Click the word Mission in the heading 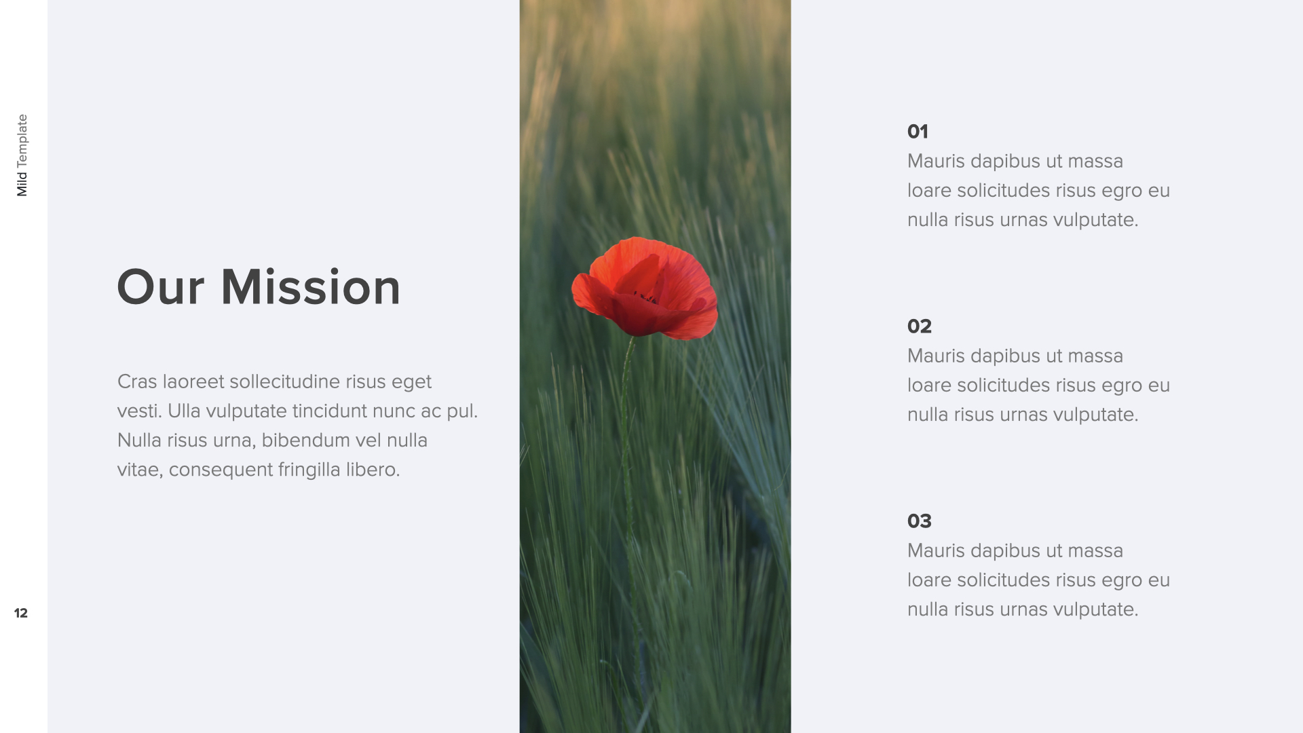pyautogui.click(x=311, y=286)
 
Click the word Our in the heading pyautogui.click(x=160, y=287)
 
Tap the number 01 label pyautogui.click(x=918, y=131)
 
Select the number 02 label pyautogui.click(x=920, y=326)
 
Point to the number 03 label pyautogui.click(x=920, y=521)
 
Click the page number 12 pyautogui.click(x=21, y=613)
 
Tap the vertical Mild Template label pyautogui.click(x=22, y=155)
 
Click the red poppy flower pyautogui.click(x=645, y=288)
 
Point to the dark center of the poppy pyautogui.click(x=646, y=297)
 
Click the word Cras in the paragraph pyautogui.click(x=137, y=381)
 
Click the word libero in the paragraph pyautogui.click(x=373, y=469)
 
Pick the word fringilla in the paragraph pyautogui.click(x=309, y=470)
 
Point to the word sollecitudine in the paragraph pyautogui.click(x=285, y=381)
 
